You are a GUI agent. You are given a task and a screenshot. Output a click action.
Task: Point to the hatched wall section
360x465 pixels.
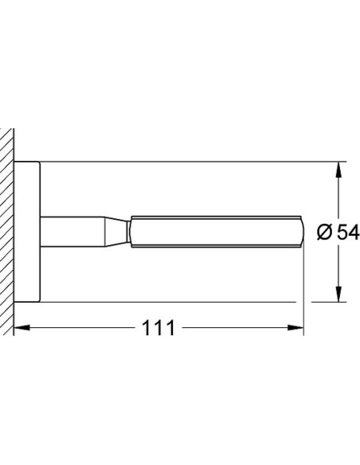tap(7, 231)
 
